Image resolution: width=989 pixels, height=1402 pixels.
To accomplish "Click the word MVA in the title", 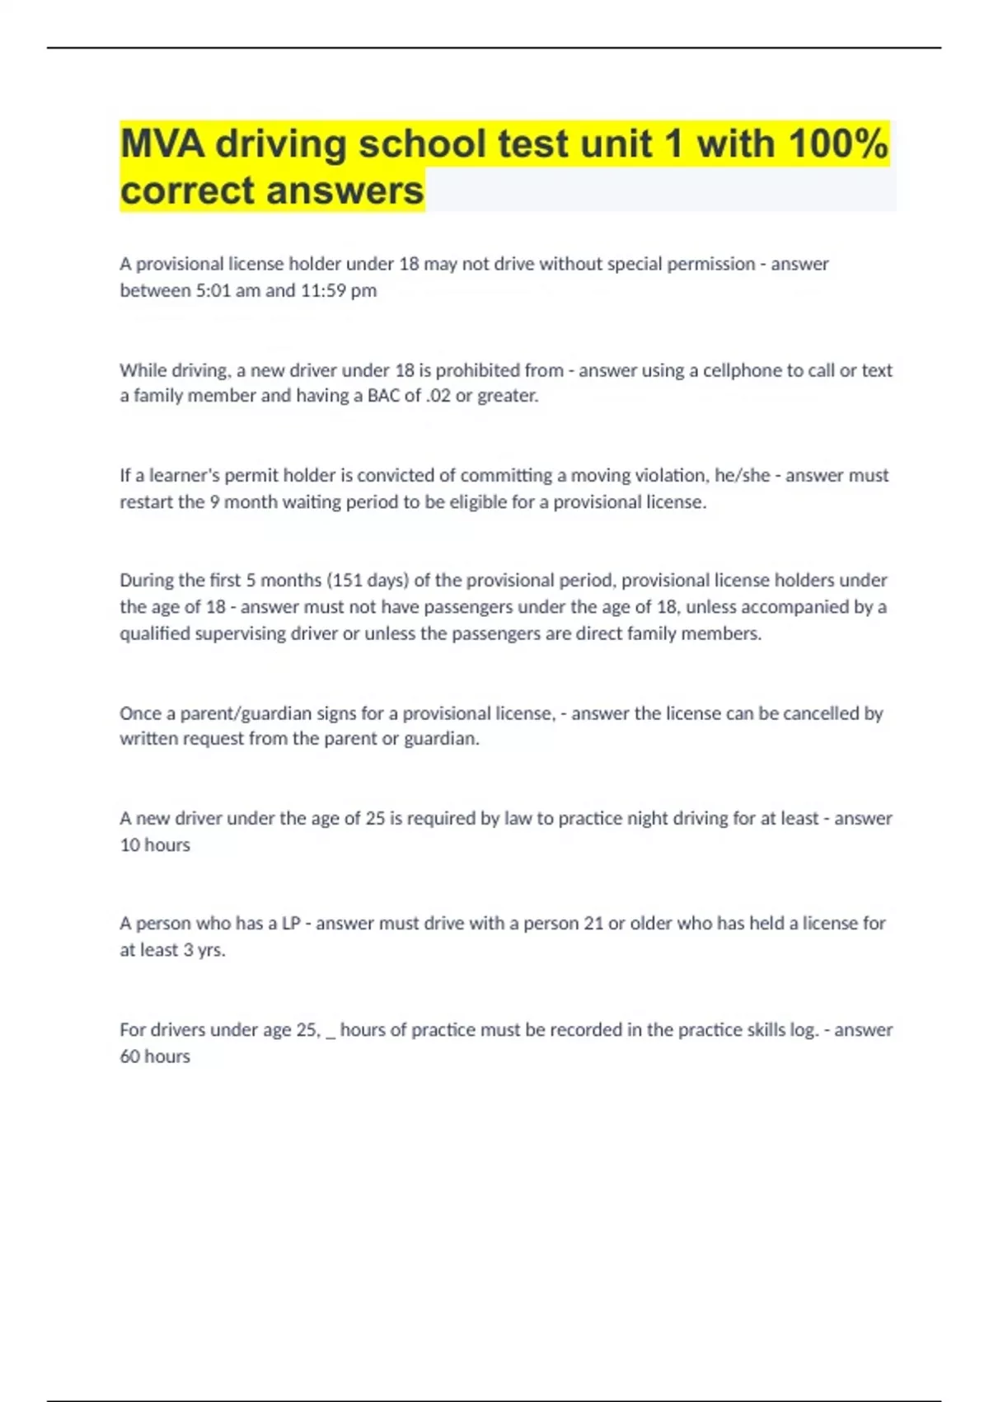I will point(162,144).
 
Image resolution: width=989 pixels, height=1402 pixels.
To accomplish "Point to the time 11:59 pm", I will point(338,290).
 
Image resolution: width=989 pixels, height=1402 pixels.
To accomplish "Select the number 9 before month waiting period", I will point(214,502).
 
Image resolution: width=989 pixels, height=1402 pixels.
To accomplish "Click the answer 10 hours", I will point(155,845).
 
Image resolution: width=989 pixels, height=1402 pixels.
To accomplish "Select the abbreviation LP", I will point(291,924).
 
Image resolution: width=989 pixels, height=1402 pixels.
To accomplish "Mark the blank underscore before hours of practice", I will point(330,1032).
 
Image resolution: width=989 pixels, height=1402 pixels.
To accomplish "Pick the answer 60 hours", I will point(155,1056).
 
